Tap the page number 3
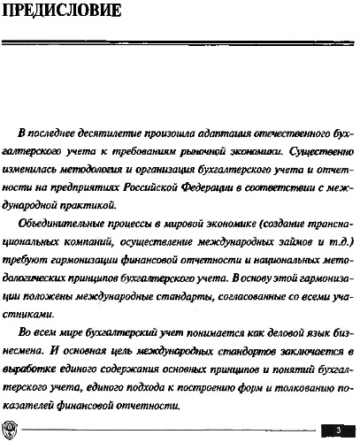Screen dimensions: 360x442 coord(337,429)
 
